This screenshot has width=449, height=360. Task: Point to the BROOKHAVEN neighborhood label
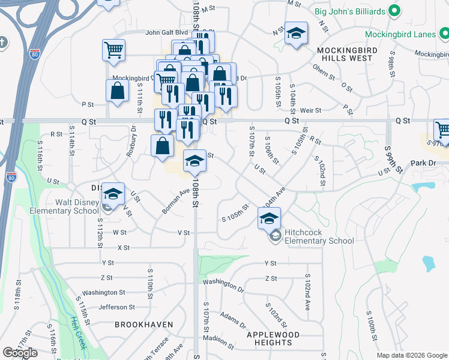click(x=144, y=325)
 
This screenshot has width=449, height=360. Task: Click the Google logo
click(x=20, y=353)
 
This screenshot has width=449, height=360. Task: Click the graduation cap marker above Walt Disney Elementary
click(x=112, y=194)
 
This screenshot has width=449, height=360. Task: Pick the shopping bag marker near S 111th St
click(x=117, y=91)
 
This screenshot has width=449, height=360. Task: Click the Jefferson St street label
click(x=116, y=307)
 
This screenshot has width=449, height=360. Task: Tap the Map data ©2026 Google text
click(x=411, y=355)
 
